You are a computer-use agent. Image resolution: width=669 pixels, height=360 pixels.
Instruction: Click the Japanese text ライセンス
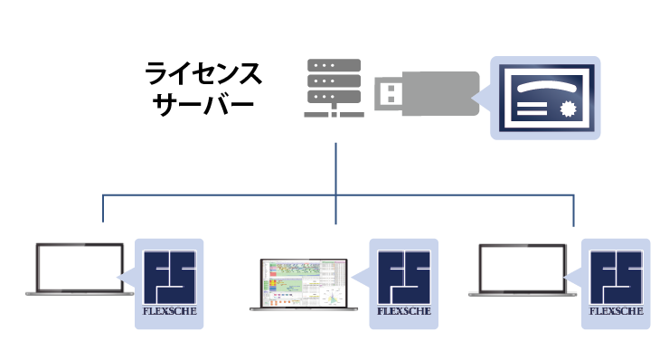tap(203, 73)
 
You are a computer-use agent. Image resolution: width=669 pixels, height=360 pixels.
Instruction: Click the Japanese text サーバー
tap(203, 104)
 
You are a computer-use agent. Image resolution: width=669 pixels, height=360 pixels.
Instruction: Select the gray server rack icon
tap(334, 88)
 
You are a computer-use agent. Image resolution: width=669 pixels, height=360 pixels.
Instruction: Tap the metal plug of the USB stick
tap(389, 93)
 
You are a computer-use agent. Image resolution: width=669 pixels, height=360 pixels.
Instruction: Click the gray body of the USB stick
tap(441, 93)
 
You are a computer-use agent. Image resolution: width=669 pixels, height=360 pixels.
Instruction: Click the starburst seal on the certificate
tap(568, 109)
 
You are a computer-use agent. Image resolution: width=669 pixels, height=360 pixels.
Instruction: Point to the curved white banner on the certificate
tap(547, 87)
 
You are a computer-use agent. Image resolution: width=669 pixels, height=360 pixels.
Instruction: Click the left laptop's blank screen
tap(80, 268)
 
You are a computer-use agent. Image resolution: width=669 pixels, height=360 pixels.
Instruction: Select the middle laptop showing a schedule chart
tap(304, 284)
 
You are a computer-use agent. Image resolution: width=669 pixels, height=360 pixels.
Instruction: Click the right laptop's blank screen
tap(523, 269)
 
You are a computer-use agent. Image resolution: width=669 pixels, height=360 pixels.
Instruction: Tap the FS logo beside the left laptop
tap(169, 278)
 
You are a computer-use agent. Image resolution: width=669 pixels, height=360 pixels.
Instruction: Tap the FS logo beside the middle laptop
tap(403, 278)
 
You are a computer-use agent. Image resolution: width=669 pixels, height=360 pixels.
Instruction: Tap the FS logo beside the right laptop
tap(616, 278)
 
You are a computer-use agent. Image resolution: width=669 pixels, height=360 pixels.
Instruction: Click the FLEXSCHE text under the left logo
tap(169, 311)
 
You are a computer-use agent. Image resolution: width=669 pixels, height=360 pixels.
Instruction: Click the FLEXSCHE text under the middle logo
tap(403, 311)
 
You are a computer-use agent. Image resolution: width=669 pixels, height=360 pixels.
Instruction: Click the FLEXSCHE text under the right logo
tap(616, 311)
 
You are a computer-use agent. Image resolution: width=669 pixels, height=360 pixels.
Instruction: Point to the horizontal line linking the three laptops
tap(338, 195)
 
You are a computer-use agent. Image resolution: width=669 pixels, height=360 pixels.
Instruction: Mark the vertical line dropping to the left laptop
tap(103, 208)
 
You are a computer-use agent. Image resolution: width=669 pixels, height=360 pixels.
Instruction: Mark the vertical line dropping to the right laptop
tap(573, 211)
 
